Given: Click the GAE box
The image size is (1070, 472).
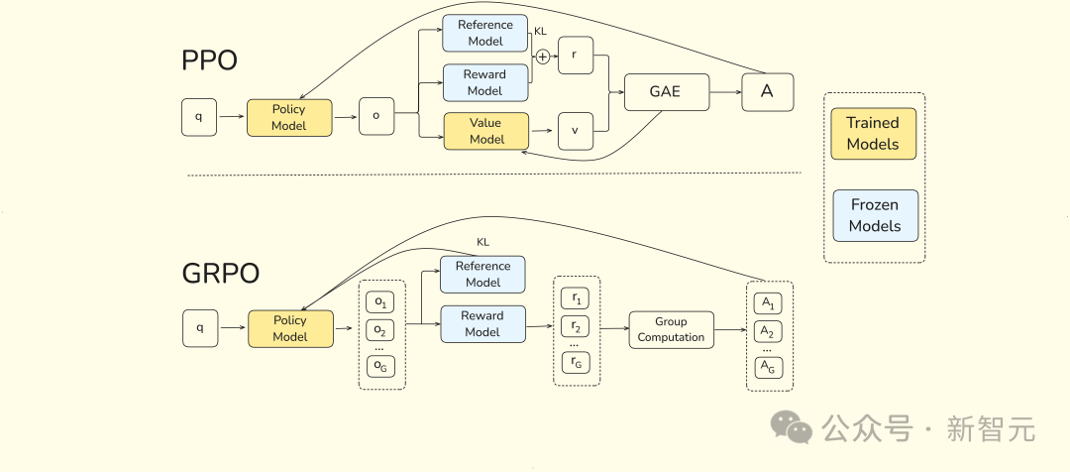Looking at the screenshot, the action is coord(667,91).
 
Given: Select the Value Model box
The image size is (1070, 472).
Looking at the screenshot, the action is coord(485,131).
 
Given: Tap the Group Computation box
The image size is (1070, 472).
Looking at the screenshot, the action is coord(671,330).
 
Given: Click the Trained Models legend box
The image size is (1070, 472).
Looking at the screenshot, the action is coord(874,134).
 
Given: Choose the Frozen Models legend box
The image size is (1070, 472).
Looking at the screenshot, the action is coord(876,216).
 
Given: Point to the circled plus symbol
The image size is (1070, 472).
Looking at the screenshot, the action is coord(543,57).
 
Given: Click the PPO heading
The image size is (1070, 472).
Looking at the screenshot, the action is coord(209,60).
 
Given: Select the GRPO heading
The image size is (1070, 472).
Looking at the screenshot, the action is coord(220,274).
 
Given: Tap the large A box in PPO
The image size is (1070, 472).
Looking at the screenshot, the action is coord(768,91).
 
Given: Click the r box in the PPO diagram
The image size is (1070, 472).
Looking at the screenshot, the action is coord(576,56).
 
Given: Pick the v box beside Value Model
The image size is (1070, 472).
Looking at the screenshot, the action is coord(576,131).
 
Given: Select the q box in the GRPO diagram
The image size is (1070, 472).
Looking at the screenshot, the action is coord(200,328).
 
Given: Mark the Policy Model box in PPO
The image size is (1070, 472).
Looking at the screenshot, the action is coord(289,117).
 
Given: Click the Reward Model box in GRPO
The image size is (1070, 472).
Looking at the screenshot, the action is coord(483,324).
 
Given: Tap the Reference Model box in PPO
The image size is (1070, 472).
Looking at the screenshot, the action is coord(485,33).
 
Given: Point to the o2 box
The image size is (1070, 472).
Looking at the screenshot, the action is coord(380,331).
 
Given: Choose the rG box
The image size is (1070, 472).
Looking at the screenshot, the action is coord(576,363).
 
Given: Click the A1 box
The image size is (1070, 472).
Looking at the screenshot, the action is coord(769,303).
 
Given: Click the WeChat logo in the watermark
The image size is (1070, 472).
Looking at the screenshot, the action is coord(792,427).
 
